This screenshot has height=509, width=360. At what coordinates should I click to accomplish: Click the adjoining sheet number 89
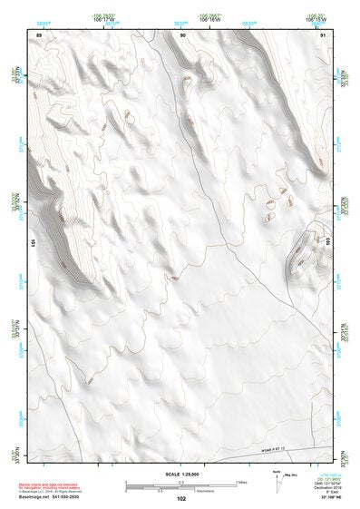coord(39,34)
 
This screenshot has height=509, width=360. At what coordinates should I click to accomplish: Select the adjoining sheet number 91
coord(323,34)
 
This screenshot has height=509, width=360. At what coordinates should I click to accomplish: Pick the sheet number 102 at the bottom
coord(181,498)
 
